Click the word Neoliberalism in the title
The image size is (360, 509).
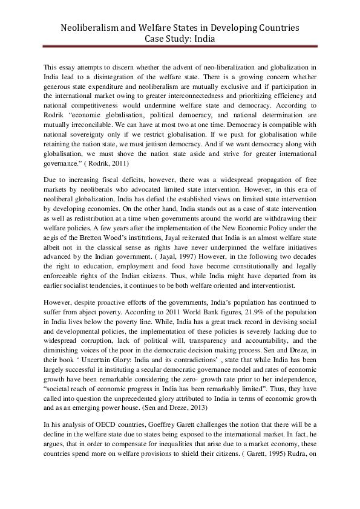[x=93, y=28]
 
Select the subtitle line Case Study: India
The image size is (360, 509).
[x=180, y=39]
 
